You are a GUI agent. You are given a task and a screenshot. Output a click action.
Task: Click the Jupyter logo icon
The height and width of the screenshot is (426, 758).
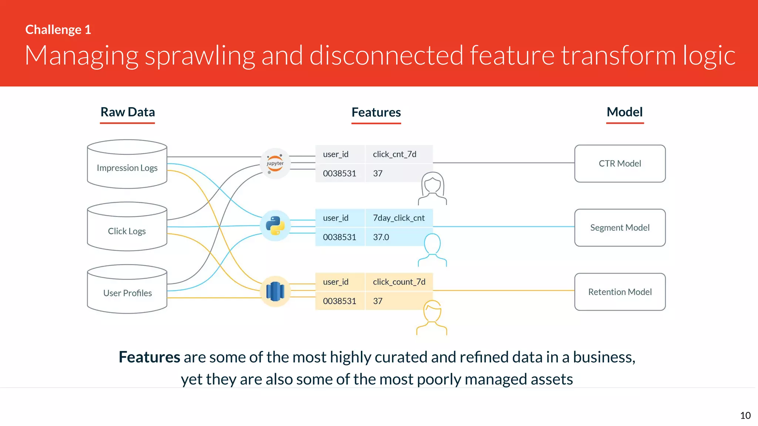(275, 163)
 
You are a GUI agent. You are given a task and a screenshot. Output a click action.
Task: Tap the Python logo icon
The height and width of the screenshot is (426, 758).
(275, 226)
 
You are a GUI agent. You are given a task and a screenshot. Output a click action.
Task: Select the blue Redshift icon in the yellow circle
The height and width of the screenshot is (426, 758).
(275, 291)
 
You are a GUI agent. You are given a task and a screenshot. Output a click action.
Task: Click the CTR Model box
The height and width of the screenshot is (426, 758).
(620, 163)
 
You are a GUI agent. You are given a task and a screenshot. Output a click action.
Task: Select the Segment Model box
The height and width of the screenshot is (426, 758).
(620, 228)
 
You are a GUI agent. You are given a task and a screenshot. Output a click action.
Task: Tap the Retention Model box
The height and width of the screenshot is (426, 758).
(620, 292)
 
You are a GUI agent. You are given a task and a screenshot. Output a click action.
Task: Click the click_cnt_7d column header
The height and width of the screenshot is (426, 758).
(395, 154)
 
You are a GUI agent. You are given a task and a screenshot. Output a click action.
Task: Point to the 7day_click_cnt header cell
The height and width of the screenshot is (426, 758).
(399, 218)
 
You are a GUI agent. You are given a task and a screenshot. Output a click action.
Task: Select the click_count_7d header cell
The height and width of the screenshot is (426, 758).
(399, 282)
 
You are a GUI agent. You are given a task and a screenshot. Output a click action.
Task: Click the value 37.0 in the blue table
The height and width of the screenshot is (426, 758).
(381, 237)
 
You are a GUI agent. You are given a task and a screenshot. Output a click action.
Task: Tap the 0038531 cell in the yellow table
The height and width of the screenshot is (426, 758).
(339, 301)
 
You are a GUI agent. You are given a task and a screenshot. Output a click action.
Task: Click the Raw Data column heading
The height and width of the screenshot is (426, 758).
(128, 112)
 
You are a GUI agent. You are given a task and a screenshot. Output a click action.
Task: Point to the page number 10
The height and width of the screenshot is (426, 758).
(745, 416)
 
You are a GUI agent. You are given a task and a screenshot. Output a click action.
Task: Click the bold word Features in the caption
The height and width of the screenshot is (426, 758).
(149, 357)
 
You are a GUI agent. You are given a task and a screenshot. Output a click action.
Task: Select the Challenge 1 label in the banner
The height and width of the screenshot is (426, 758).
(58, 30)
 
